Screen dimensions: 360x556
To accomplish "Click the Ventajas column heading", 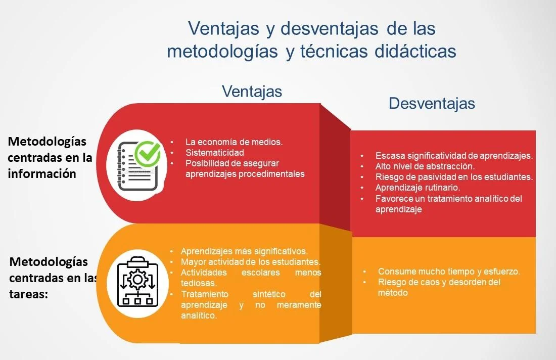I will pos(252,91).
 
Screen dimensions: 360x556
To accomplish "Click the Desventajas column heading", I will pos(432,103).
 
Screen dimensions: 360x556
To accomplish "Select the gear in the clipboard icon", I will pos(137,279).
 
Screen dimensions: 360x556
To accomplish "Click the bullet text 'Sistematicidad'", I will pos(214,152).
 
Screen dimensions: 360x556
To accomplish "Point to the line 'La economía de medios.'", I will pos(234,142).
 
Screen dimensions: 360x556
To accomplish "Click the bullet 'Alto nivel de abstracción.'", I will pos(425,166).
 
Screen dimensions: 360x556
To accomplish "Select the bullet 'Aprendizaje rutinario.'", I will pos(418,187).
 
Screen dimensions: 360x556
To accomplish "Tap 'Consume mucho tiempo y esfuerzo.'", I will pos(449,272).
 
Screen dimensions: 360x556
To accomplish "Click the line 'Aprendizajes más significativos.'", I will pos(244,251).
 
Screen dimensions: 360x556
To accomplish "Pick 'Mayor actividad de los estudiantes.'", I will pos(250,262).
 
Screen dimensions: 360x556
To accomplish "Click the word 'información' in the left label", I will pos(42,173).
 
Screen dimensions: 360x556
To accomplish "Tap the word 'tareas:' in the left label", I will pos(29,294).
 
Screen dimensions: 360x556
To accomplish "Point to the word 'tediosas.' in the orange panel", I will pos(198,283).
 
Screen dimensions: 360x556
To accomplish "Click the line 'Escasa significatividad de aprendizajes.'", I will pos(454,155).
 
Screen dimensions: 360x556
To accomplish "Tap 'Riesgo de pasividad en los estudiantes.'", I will pos(454,176).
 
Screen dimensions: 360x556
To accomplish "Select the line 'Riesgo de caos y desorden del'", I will pos(439,282).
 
